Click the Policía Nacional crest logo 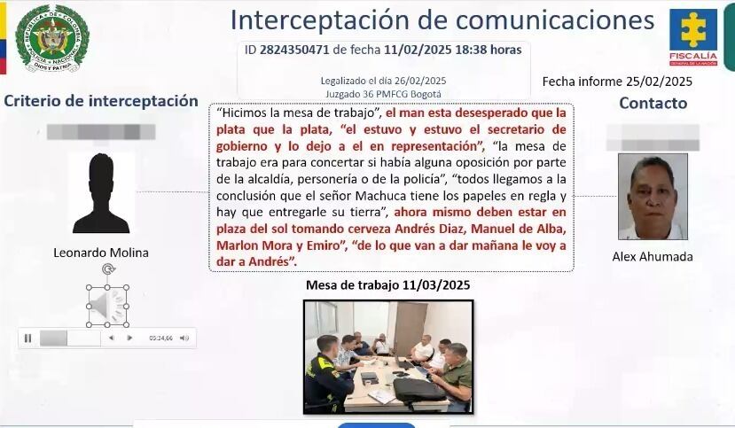[x=52, y=38]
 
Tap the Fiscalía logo [x=692, y=37]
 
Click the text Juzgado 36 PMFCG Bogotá [x=383, y=92]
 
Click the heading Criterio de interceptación [x=101, y=101]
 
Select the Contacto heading [x=653, y=103]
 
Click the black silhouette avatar [x=101, y=193]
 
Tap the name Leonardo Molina [x=101, y=253]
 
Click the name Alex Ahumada [x=653, y=257]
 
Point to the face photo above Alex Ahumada [x=653, y=197]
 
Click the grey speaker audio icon [x=107, y=306]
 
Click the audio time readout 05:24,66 [x=160, y=338]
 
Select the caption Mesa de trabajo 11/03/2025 [x=387, y=285]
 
